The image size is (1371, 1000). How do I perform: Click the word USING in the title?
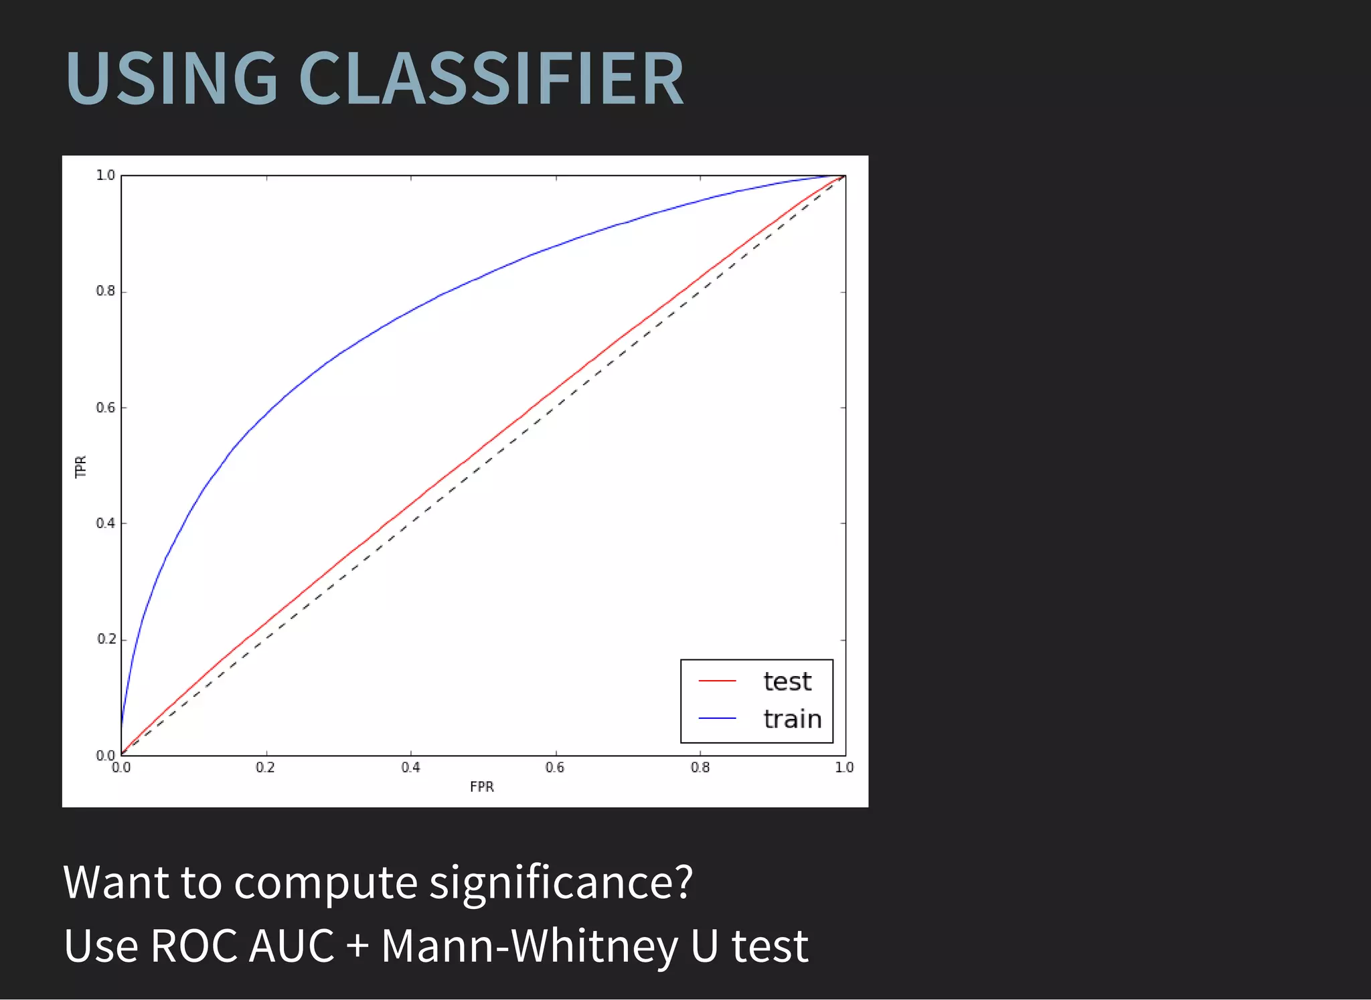point(171,79)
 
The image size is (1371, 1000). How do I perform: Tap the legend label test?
point(787,681)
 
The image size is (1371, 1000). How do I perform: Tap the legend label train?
point(792,719)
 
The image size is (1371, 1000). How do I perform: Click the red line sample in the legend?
point(717,681)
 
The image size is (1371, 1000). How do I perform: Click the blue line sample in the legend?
point(717,718)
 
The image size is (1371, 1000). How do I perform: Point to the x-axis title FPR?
point(481,787)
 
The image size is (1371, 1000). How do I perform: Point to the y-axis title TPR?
point(81,467)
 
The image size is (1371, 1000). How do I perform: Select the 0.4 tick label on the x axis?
point(410,768)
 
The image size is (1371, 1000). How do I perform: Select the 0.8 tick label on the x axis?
point(700,768)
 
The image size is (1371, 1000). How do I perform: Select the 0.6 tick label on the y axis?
point(106,408)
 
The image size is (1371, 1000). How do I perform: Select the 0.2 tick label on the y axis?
point(106,639)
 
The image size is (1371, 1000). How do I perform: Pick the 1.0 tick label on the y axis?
point(106,175)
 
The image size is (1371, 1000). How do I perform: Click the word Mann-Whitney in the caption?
point(530,946)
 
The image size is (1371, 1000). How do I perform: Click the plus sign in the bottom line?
point(357,946)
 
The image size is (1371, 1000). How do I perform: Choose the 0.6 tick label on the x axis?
point(555,768)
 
